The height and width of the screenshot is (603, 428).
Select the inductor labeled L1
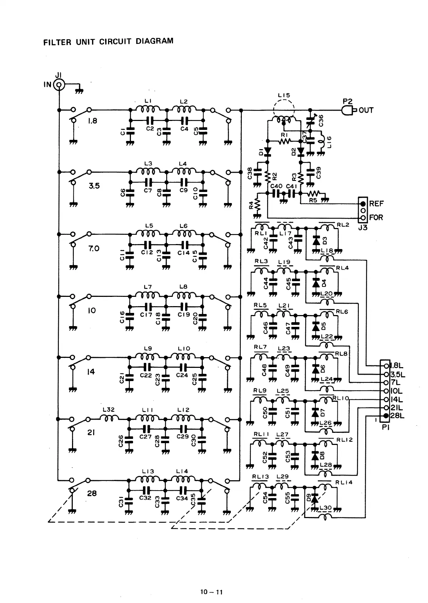[x=148, y=109]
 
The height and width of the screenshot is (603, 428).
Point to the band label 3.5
[x=94, y=186]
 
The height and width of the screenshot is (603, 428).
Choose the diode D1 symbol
[x=267, y=151]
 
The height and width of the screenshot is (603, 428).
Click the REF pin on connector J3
[x=363, y=204]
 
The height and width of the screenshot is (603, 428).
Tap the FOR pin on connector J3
[x=363, y=218]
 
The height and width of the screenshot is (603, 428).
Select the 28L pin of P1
[x=386, y=416]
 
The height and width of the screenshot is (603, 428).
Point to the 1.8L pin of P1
[x=386, y=366]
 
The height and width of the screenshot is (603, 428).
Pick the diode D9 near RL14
[x=315, y=499]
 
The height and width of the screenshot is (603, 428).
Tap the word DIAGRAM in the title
[x=154, y=41]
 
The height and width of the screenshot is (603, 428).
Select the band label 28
[x=92, y=493]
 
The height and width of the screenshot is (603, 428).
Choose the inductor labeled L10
[x=183, y=356]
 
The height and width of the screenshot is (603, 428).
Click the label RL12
[x=344, y=440]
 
